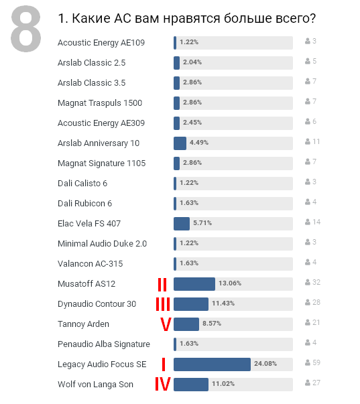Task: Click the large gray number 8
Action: tap(25, 29)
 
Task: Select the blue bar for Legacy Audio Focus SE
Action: tap(212, 364)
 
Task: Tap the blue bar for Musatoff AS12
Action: tap(194, 284)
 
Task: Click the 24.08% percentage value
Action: tap(265, 364)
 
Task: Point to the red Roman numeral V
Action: tap(166, 324)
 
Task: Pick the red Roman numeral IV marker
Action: tap(163, 384)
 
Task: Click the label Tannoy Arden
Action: tap(83, 324)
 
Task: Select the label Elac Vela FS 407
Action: tap(89, 223)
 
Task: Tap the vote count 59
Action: tap(316, 362)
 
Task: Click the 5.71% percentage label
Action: tap(202, 223)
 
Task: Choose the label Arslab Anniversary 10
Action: tap(99, 143)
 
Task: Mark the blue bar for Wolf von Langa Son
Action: tap(191, 385)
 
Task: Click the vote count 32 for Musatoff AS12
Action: tap(316, 282)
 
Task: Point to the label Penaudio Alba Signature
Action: tap(104, 344)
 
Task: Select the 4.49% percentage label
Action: tap(199, 143)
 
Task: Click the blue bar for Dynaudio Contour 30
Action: tap(191, 304)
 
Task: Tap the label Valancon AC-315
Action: tap(91, 263)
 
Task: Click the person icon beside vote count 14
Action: tap(308, 222)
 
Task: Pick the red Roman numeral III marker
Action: tap(163, 304)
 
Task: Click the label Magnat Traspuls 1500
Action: tap(100, 103)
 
